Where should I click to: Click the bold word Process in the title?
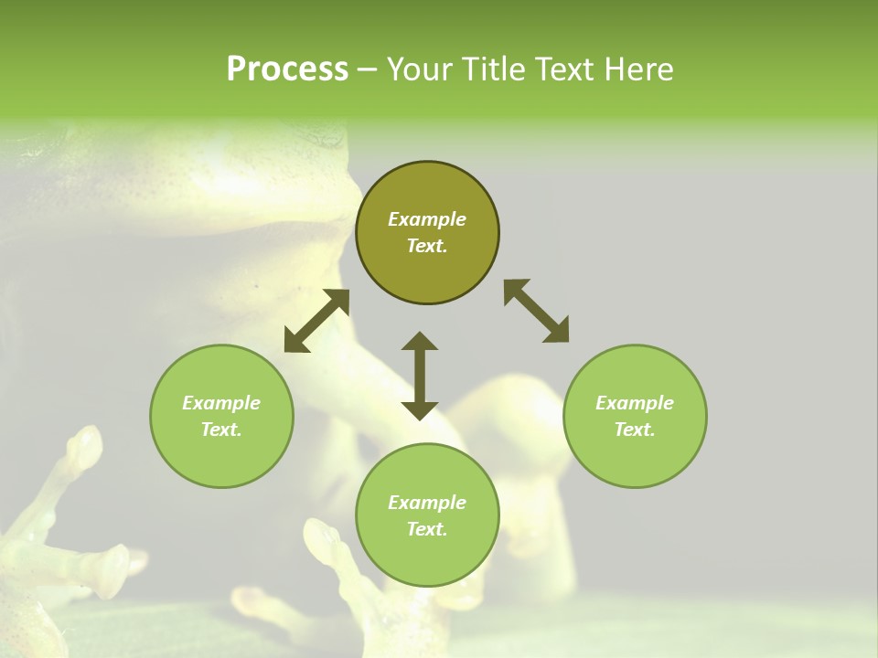[x=287, y=69]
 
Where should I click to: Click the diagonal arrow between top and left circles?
[x=316, y=321]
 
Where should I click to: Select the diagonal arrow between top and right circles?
[x=537, y=311]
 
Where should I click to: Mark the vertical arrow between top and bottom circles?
[x=420, y=376]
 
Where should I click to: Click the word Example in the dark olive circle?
[x=427, y=219]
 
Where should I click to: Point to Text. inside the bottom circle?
[x=427, y=529]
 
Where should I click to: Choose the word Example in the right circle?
[x=635, y=403]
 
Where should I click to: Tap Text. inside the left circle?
[x=221, y=430]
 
